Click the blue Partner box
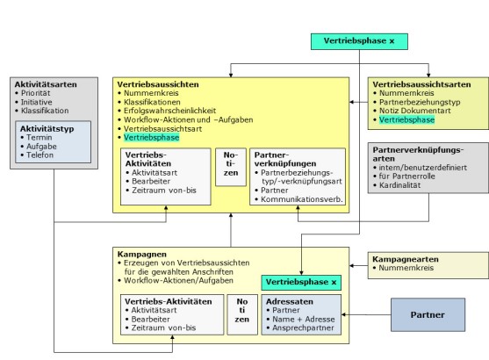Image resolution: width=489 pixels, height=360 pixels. (x=428, y=314)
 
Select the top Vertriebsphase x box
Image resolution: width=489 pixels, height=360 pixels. (x=359, y=41)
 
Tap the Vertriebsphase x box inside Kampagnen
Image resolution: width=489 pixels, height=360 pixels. (x=301, y=283)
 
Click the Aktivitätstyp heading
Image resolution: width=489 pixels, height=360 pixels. (x=47, y=129)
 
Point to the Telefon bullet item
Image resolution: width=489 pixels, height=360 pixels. (x=40, y=155)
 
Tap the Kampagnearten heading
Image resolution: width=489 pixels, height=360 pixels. (x=406, y=259)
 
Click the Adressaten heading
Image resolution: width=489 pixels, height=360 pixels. (x=290, y=302)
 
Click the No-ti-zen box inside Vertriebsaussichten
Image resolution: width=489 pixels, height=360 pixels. (x=231, y=167)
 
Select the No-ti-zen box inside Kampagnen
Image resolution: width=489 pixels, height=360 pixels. (x=242, y=314)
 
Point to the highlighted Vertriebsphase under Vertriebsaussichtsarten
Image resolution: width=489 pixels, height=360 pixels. (x=406, y=119)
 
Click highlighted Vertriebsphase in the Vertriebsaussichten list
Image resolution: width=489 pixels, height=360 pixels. (x=152, y=138)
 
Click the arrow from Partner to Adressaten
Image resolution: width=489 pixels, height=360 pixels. (x=366, y=314)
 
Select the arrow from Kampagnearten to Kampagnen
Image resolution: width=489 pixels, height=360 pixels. (x=359, y=266)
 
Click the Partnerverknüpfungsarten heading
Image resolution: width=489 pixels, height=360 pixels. (x=418, y=155)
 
